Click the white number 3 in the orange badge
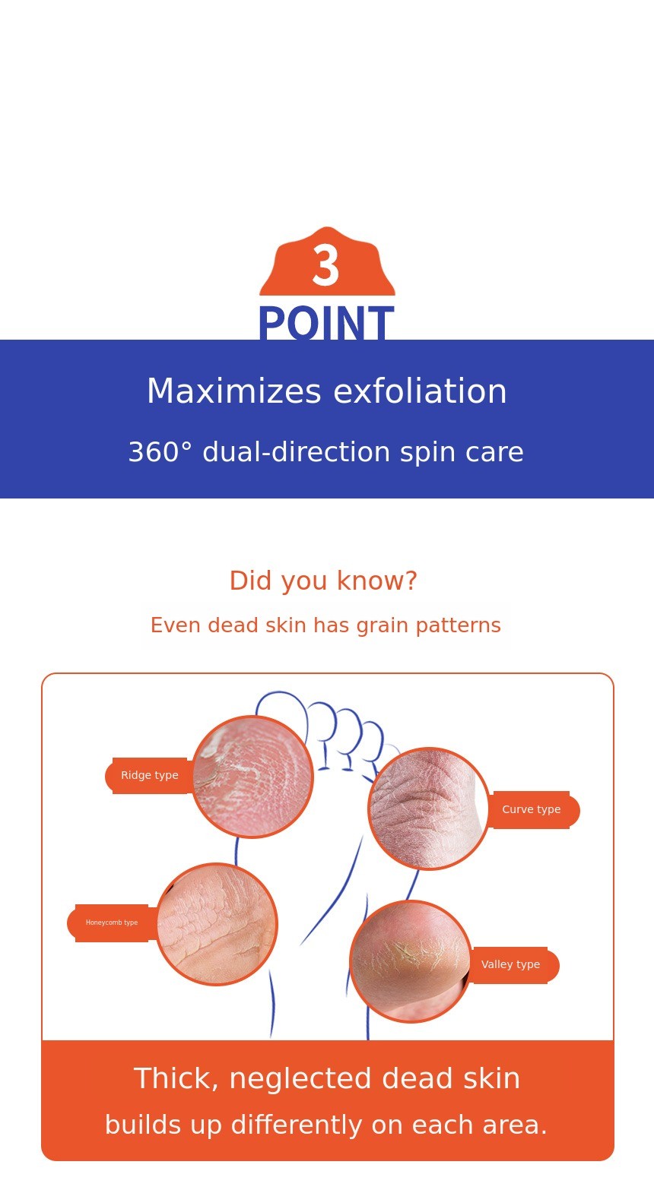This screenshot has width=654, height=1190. click(x=325, y=265)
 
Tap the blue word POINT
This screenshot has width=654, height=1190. click(x=326, y=323)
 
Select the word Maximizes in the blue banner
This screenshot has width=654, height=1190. click(x=234, y=391)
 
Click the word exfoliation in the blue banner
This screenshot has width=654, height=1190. click(x=420, y=391)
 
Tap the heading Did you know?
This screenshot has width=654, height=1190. click(x=323, y=580)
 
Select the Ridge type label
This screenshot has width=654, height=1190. click(x=149, y=775)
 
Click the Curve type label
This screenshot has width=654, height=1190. click(x=532, y=809)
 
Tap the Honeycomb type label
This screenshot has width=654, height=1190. click(x=112, y=923)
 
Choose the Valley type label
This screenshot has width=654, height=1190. click(x=511, y=964)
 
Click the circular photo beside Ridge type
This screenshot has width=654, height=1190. click(x=252, y=777)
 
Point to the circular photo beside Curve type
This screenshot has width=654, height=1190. click(x=429, y=809)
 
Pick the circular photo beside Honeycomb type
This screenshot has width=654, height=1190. click(x=217, y=924)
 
